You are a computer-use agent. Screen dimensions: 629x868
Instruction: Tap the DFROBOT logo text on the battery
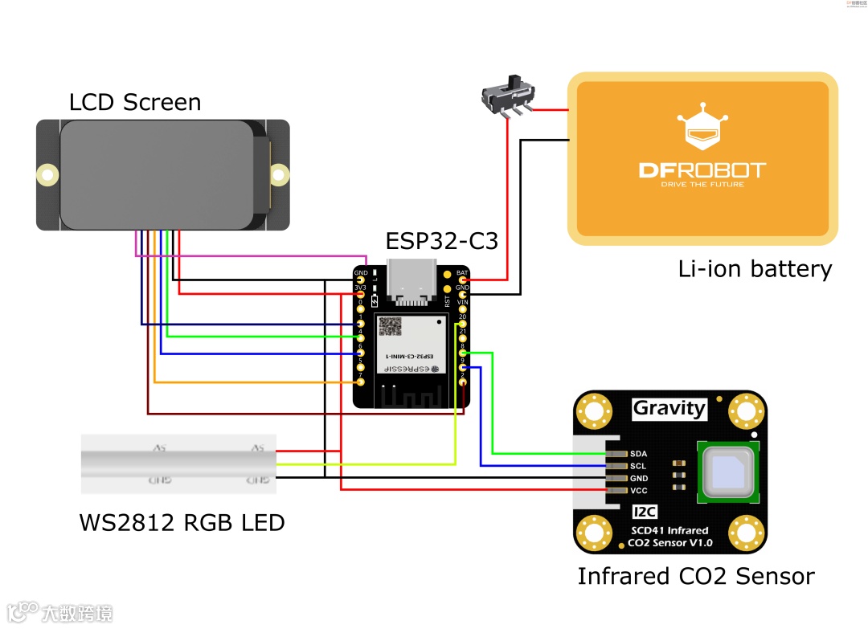[702, 170]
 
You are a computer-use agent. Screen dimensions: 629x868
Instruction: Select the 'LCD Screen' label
[135, 102]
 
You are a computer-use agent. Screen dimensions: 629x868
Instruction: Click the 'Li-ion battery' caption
[755, 268]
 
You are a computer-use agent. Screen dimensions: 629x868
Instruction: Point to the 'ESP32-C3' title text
[442, 241]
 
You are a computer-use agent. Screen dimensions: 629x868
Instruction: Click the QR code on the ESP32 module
[391, 325]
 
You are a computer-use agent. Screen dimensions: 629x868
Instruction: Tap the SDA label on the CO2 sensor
[639, 454]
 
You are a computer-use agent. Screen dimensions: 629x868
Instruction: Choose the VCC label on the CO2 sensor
[639, 490]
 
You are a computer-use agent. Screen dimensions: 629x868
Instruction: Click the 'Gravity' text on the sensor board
[669, 408]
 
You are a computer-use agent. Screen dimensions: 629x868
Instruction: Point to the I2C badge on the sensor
[644, 512]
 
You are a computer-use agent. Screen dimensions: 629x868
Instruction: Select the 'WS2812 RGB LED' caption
[182, 523]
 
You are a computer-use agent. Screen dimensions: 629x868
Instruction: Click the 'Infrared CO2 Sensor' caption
[695, 576]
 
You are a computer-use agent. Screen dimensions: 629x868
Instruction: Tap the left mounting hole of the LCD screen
[48, 174]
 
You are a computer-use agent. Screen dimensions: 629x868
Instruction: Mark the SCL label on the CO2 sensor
[639, 466]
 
